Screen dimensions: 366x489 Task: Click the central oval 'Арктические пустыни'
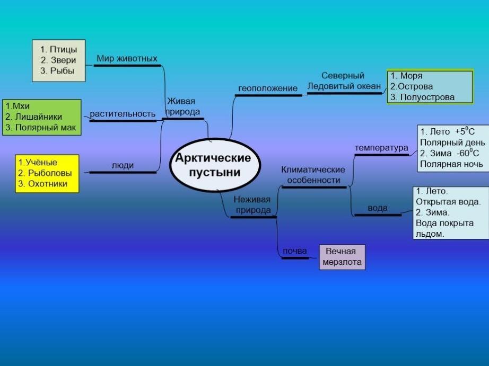point(213,165)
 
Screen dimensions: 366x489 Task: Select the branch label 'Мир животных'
point(127,58)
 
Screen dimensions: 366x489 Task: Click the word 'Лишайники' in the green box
point(40,117)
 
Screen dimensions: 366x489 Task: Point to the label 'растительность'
point(123,114)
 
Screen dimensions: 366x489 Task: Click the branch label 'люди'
point(123,165)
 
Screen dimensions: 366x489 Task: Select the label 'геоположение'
point(268,88)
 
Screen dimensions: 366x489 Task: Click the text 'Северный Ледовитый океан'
point(344,81)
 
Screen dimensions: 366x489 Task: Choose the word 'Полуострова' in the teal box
point(430,97)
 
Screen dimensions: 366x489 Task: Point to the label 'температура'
point(381,148)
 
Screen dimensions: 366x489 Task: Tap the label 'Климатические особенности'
point(313,175)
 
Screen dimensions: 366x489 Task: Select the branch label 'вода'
point(378,208)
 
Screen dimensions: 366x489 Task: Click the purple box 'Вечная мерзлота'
point(342,257)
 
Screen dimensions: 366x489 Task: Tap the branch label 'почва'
point(295,251)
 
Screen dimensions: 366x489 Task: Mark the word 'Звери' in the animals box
point(63,60)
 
